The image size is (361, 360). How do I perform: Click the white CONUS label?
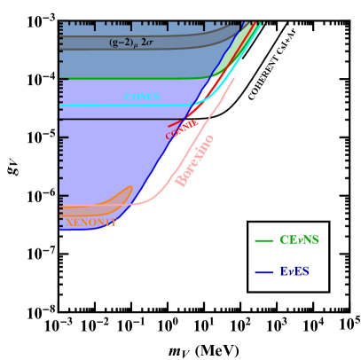coord(142,96)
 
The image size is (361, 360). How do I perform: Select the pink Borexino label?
coord(195,160)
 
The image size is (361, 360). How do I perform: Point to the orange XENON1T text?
coord(90,222)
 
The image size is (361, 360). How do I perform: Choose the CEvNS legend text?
coord(299,240)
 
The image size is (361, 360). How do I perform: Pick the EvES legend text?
coord(294,271)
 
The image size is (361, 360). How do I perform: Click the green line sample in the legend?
coord(263,240)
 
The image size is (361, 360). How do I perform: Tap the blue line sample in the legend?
coord(263,272)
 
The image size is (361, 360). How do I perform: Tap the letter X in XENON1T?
coord(69,222)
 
